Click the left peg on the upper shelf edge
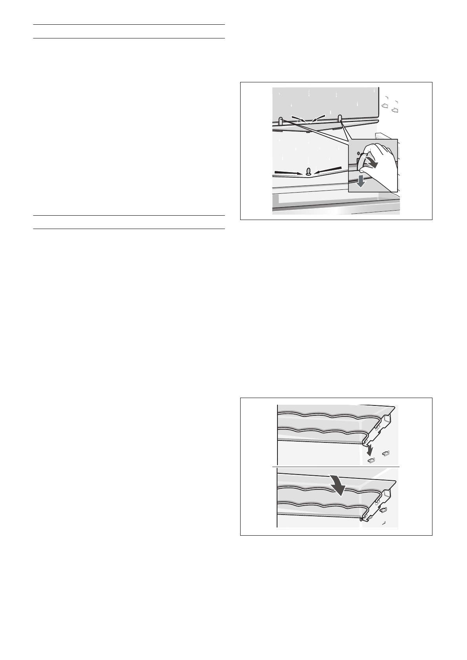click(281, 120)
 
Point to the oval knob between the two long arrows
click(308, 171)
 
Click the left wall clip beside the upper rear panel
click(385, 106)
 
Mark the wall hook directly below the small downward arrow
click(371, 460)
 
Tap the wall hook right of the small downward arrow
click(385, 454)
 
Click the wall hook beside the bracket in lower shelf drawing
click(384, 510)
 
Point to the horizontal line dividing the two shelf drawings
click(336, 467)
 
